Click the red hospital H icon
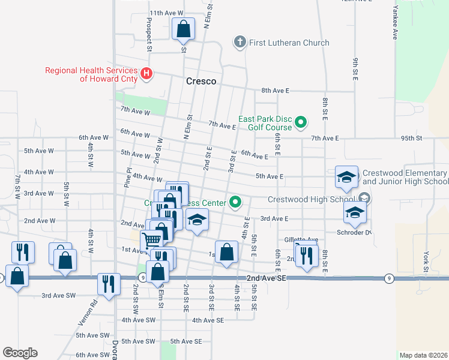point(146,74)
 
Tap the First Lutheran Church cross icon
point(240,43)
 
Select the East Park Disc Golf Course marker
point(301,125)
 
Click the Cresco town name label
point(201,81)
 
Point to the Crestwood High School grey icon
point(364,199)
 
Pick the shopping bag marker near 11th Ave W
point(183,29)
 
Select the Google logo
point(19,352)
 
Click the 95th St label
point(412,138)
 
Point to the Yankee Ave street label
point(396,24)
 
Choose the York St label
point(426,265)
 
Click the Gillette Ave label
point(301,239)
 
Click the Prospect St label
point(148,34)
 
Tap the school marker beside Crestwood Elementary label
point(346,177)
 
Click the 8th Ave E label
point(275,91)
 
